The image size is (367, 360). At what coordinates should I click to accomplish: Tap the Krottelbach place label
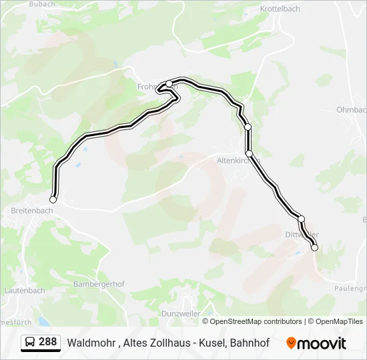point(281,10)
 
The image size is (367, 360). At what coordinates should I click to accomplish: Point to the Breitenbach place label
point(32,211)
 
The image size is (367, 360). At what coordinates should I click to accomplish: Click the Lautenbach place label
point(25,291)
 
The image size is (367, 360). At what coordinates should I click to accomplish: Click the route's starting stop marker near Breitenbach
point(53,199)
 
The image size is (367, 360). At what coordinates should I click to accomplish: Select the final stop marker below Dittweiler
point(315,248)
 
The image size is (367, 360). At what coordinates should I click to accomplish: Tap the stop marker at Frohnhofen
point(169,84)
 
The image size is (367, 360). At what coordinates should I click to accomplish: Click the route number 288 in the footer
point(47,342)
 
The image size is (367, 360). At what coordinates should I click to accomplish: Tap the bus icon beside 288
point(30,343)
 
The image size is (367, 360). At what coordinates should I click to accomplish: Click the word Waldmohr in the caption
point(91,343)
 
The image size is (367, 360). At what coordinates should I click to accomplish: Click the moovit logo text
point(322,343)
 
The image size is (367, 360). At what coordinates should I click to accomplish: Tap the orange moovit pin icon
point(290,343)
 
